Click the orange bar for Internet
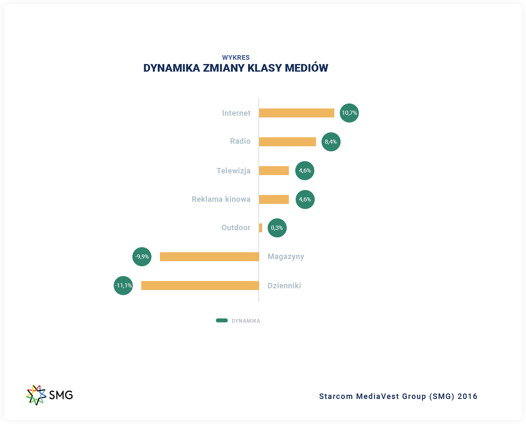[297, 113]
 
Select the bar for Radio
[288, 142]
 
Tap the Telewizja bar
[274, 170]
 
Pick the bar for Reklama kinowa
[274, 199]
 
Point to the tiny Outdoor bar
[260, 228]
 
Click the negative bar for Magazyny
[209, 257]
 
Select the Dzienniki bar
[200, 285]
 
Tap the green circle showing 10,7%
[349, 113]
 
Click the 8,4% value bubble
[331, 142]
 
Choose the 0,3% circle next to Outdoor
[277, 228]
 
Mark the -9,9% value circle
[142, 257]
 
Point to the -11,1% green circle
[123, 285]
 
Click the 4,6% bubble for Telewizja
[305, 170]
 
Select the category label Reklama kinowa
[221, 199]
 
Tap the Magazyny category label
[286, 257]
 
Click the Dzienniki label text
[284, 286]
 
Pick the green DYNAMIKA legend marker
[222, 321]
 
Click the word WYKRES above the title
[236, 58]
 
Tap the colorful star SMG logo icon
[36, 395]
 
